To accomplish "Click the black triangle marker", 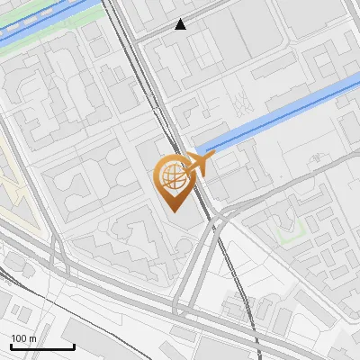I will (181, 25).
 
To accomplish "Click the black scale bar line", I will (42, 346).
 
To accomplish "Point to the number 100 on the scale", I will (19, 338).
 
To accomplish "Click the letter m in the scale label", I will (32, 338).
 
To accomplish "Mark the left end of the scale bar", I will (11, 346).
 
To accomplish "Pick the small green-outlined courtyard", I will (290, 236).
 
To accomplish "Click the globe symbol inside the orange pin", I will (172, 175).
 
